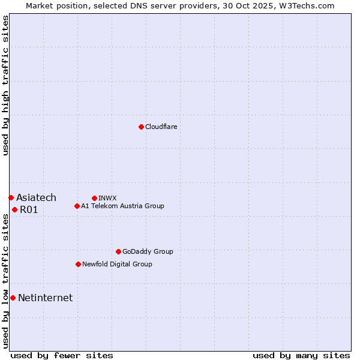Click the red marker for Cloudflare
[141, 127]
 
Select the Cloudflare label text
[161, 127]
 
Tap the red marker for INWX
[94, 198]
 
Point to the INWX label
[107, 198]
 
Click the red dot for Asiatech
[11, 197]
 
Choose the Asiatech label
[36, 197]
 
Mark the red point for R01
[14, 209]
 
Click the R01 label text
[29, 209]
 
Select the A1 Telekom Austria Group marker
[77, 206]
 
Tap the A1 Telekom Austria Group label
[122, 206]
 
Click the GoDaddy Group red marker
[118, 251]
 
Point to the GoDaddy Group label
[148, 251]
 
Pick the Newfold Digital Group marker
[78, 264]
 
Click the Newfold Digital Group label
[117, 264]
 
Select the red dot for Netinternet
[13, 298]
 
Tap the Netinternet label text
[45, 298]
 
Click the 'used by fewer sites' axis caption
[62, 355]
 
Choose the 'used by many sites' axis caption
[301, 355]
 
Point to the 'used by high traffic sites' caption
[5, 85]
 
